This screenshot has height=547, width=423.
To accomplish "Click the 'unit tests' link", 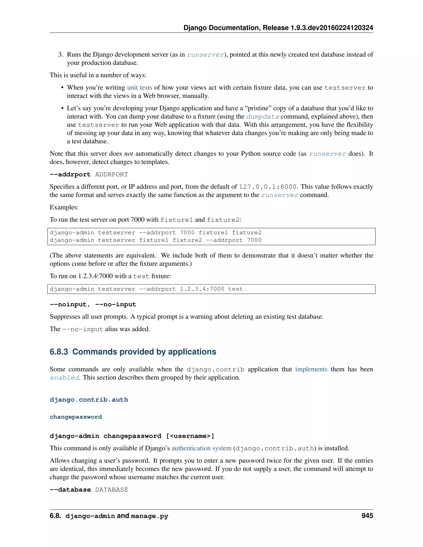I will pyautogui.click(x=140, y=87).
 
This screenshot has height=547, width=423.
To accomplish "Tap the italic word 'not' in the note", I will pyautogui.click(x=128, y=154).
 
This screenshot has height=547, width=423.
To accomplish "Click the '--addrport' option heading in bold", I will pyautogui.click(x=70, y=174).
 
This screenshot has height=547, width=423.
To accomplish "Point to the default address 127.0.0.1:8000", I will pyautogui.click(x=268, y=187).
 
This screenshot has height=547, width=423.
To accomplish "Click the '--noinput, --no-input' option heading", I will pyautogui.click(x=93, y=304).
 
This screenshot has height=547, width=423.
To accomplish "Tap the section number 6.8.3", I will pyautogui.click(x=59, y=352).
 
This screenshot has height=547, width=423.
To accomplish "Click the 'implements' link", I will pyautogui.click(x=311, y=369).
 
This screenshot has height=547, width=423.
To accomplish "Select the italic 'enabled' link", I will pyautogui.click(x=64, y=378).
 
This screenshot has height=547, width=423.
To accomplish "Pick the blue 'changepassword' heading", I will pyautogui.click(x=76, y=417).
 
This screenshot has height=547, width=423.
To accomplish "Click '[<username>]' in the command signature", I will pyautogui.click(x=190, y=436).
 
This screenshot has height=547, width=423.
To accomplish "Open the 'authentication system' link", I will pyautogui.click(x=201, y=448).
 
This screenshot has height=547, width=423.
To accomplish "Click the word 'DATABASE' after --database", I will pyautogui.click(x=112, y=490).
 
